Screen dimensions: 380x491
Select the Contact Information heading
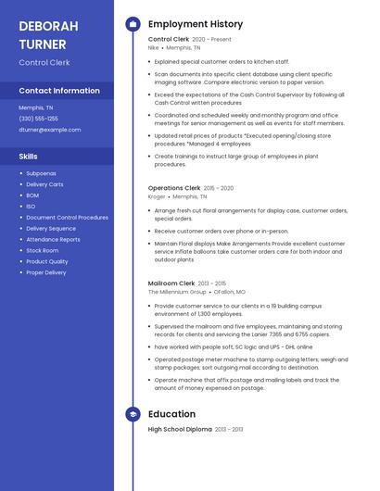59,91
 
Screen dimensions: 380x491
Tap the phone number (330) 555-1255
38,119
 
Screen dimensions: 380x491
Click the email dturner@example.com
50,130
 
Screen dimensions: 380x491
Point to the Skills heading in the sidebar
29,157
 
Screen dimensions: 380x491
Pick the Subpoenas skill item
41,173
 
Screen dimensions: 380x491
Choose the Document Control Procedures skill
67,218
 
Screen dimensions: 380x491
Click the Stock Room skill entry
42,250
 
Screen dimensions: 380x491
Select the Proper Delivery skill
46,272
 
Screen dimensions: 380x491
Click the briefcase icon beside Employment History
133,24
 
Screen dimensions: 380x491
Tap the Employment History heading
196,24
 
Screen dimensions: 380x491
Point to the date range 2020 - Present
211,40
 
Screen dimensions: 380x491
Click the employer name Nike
154,47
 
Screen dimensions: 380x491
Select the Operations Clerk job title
174,188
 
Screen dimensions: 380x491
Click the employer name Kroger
157,196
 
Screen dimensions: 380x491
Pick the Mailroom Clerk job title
171,283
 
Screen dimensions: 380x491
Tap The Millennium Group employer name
177,292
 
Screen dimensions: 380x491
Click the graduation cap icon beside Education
133,413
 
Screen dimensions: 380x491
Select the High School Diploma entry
180,429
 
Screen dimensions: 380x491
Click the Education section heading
171,413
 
